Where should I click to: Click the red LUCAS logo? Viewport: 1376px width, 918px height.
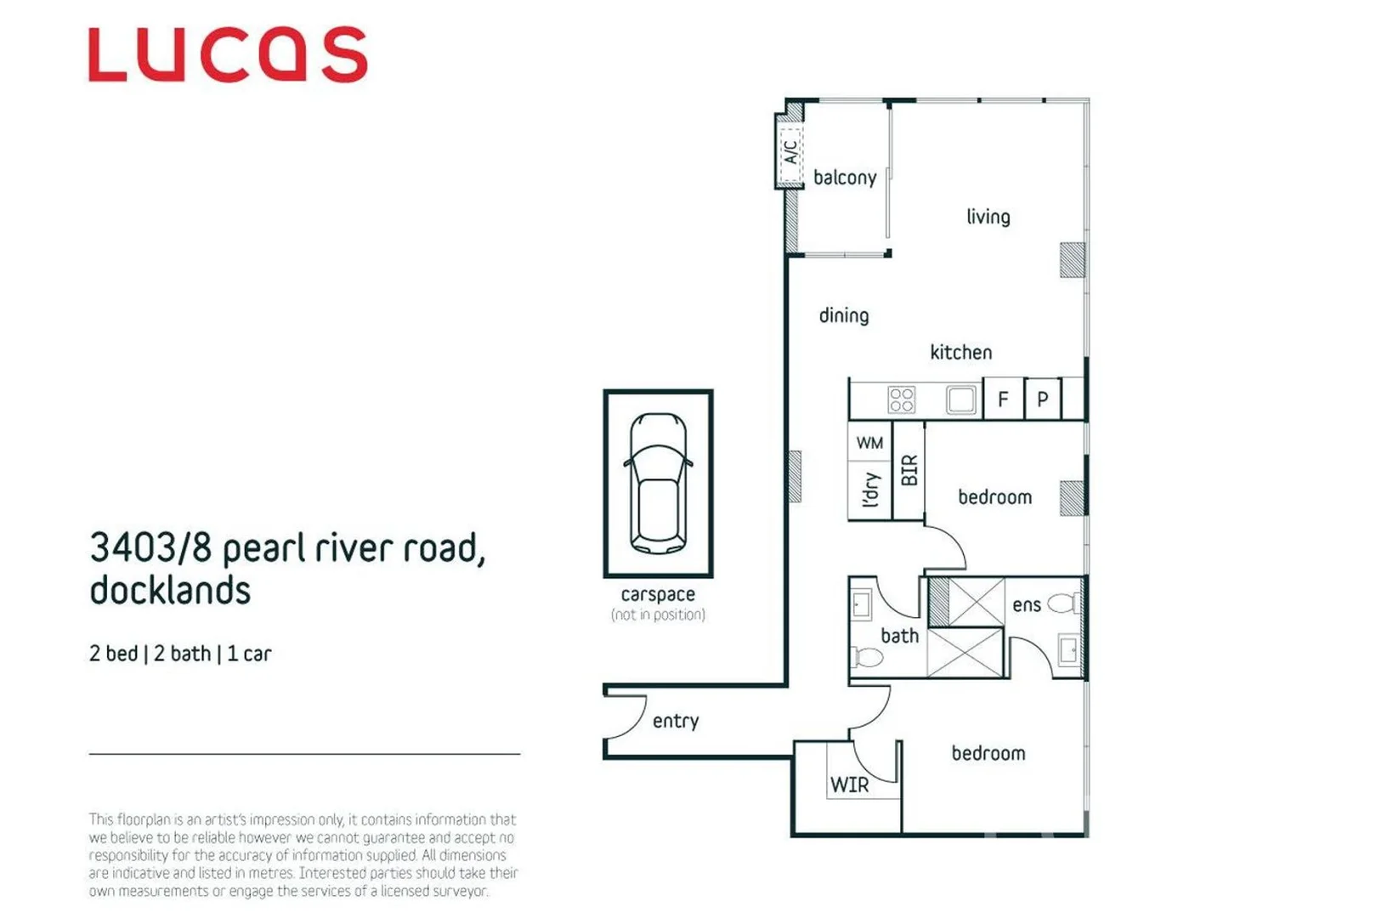click(228, 54)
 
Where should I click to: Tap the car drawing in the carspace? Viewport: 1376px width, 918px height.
click(658, 483)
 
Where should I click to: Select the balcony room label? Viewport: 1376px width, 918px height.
click(844, 178)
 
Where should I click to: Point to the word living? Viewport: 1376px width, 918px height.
click(988, 217)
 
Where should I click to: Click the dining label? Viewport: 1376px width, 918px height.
click(843, 315)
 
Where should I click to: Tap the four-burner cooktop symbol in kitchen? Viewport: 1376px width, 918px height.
click(901, 399)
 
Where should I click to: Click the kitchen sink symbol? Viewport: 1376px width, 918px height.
click(960, 399)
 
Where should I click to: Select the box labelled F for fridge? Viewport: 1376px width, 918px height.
click(1003, 399)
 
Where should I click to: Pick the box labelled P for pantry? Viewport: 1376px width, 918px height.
click(1043, 399)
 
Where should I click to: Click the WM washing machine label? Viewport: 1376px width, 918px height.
click(869, 443)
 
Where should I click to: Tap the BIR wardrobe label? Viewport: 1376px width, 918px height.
click(909, 470)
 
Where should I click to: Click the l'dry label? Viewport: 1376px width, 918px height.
click(869, 490)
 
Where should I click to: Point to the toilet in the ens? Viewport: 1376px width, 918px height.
click(1063, 604)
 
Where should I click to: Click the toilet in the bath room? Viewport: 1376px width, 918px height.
click(867, 657)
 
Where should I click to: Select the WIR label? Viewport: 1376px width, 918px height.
click(849, 785)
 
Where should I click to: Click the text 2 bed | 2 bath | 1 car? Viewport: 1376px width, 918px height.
click(180, 654)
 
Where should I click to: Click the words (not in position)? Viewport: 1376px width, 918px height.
click(658, 615)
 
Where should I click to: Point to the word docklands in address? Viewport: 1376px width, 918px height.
click(170, 590)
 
